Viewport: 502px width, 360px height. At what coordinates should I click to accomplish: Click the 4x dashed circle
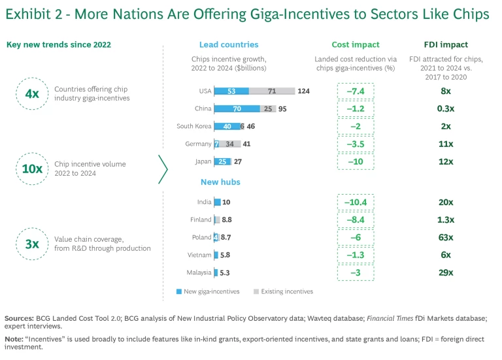[x=31, y=94]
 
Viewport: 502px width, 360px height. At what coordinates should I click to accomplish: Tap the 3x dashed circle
[x=31, y=243]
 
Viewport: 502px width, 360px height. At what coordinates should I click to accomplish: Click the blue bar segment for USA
[x=231, y=91]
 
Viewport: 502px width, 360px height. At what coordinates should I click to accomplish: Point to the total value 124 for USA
[x=303, y=91]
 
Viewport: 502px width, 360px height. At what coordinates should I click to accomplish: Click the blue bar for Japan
[x=223, y=161]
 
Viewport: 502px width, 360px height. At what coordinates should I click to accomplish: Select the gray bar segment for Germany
[x=230, y=144]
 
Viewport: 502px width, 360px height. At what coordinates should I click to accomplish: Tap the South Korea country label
[x=194, y=127]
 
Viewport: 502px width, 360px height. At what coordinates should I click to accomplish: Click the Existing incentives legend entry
[x=282, y=291]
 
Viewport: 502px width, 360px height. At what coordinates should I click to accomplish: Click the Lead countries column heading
[x=229, y=45]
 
